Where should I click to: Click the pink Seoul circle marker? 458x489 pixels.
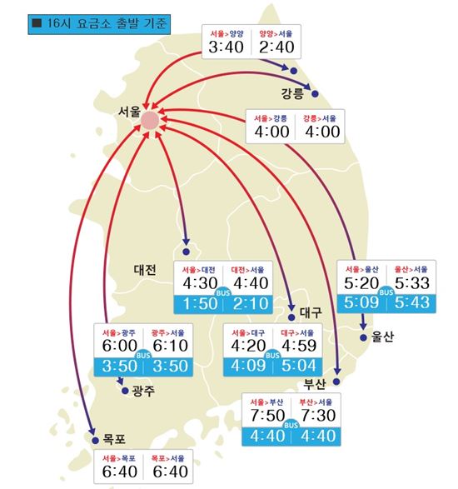pos(150,122)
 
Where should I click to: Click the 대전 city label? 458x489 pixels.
pos(145,269)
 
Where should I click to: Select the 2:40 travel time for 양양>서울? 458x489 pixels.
pos(275,49)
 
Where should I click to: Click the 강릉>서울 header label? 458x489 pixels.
pos(321,117)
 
